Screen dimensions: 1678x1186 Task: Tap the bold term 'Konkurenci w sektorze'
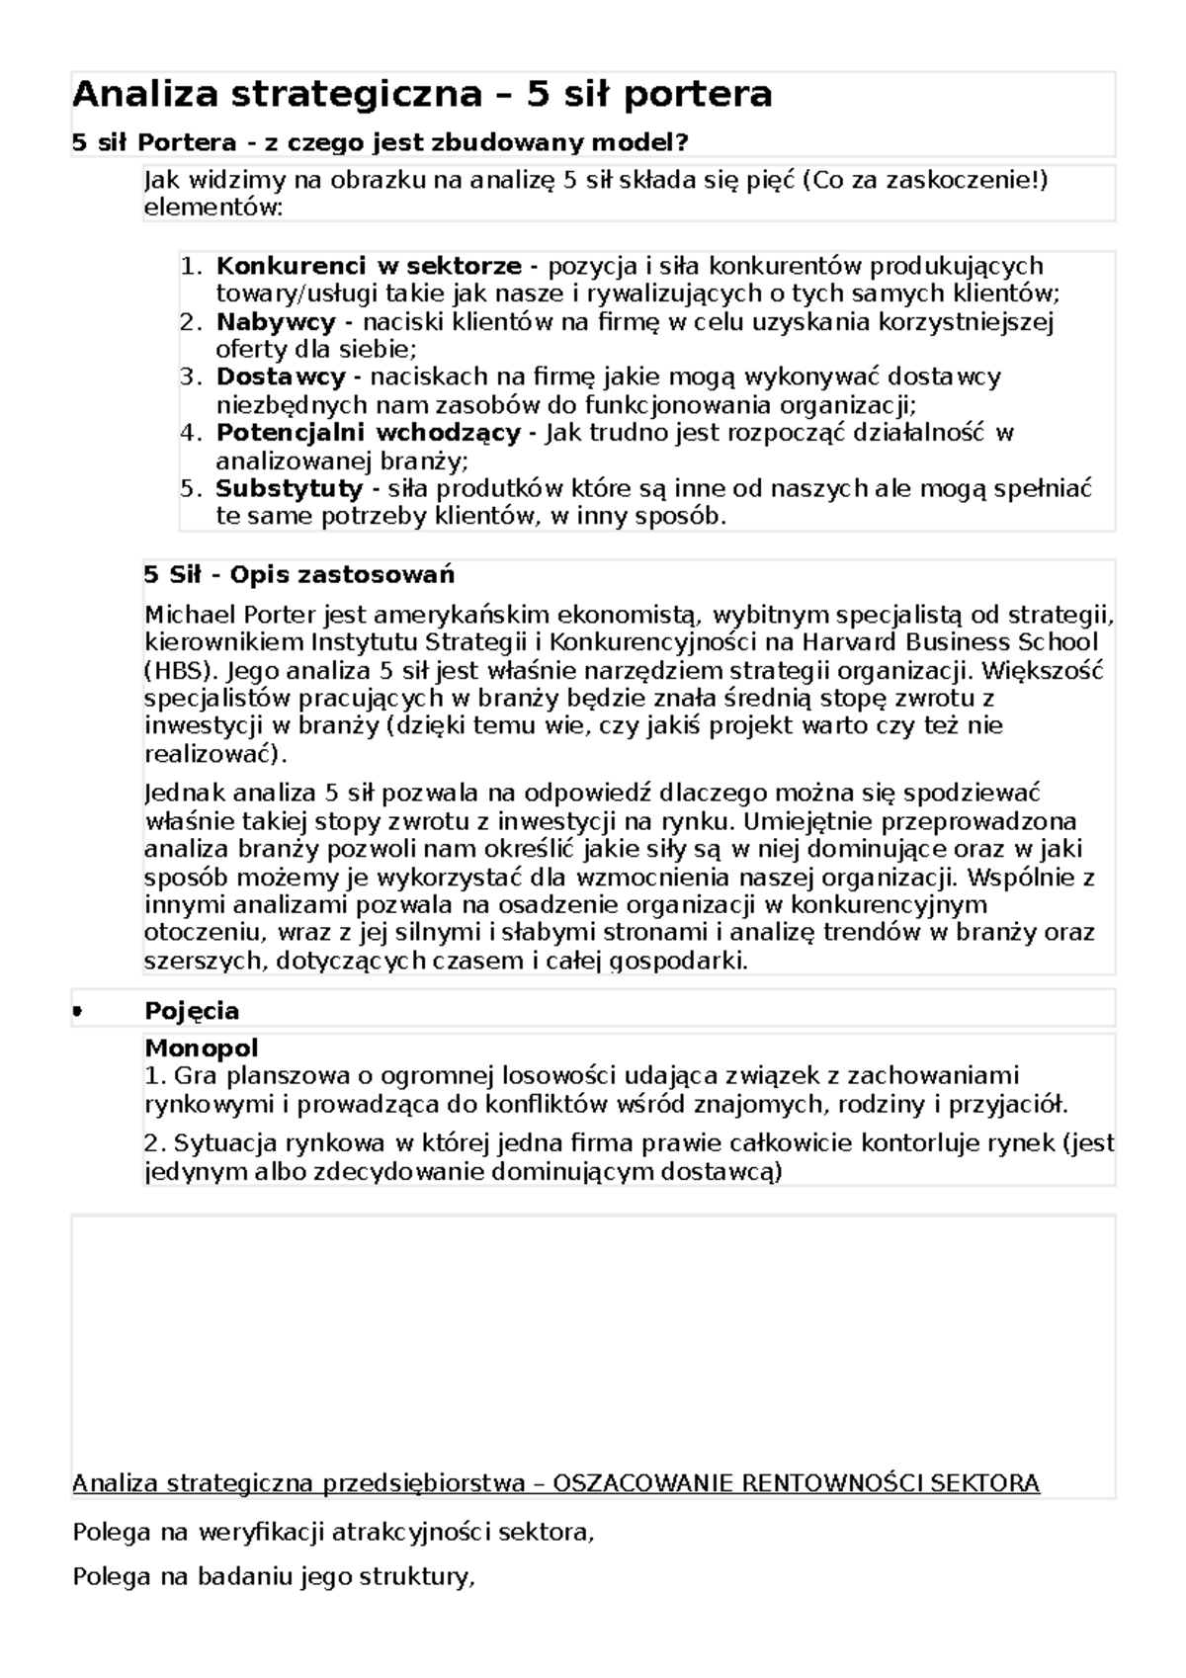tap(368, 266)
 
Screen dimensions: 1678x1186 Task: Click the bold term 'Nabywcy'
tap(276, 322)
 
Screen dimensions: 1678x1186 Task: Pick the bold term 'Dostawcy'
tap(281, 377)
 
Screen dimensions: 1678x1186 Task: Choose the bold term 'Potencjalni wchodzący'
tap(368, 433)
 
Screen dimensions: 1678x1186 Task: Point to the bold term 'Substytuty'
tap(290, 488)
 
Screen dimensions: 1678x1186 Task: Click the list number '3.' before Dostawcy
tap(191, 377)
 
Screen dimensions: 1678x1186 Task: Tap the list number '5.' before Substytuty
tap(191, 488)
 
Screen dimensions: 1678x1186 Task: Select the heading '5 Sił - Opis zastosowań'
tap(298, 575)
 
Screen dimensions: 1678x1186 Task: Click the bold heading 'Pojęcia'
tap(192, 1011)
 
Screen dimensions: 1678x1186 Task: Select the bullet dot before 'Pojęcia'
tap(77, 1011)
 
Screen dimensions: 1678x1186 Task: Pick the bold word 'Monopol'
tap(202, 1048)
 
